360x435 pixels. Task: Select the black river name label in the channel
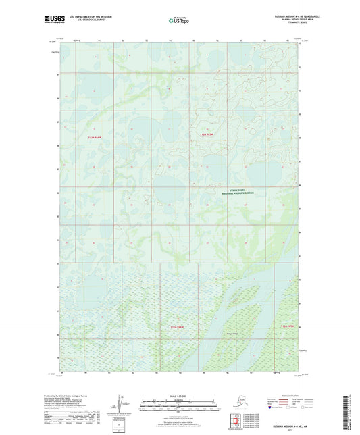coord(232,333)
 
